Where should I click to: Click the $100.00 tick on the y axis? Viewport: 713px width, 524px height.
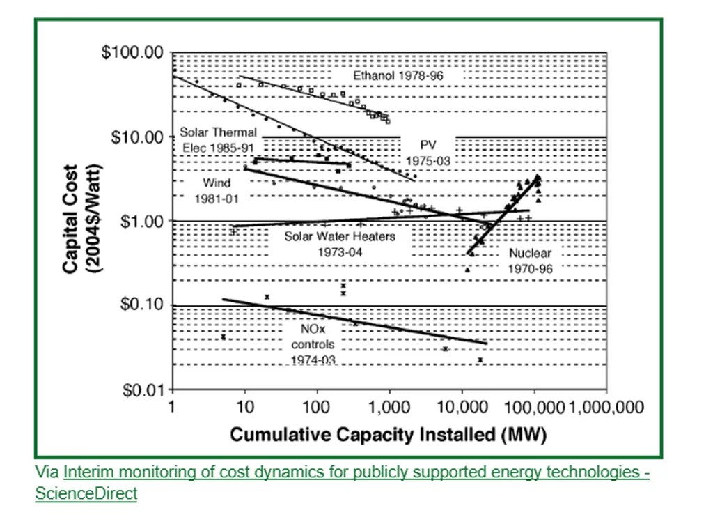point(132,53)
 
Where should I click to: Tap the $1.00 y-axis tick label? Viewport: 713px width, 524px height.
point(139,221)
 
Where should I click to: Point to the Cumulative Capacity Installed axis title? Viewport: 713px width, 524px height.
point(389,436)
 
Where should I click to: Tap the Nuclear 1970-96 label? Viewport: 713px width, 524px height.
point(530,261)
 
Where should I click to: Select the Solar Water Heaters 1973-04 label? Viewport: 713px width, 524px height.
point(340,243)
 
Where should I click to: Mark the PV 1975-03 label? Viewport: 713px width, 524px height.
point(428,152)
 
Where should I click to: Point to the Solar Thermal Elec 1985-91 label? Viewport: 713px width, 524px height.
point(219,139)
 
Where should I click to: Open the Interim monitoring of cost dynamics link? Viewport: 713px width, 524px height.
point(356,472)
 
